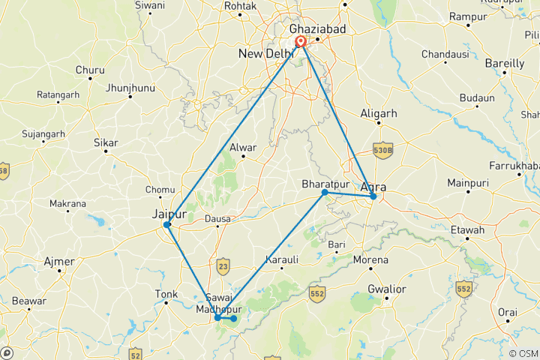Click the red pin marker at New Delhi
(300, 42)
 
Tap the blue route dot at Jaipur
(167, 224)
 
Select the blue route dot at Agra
(373, 196)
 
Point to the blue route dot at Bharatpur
(325, 193)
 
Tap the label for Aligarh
(378, 113)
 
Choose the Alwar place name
(244, 147)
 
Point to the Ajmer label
(59, 262)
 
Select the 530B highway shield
(382, 150)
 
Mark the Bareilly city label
(504, 64)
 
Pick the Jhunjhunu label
(130, 88)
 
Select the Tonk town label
(166, 294)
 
